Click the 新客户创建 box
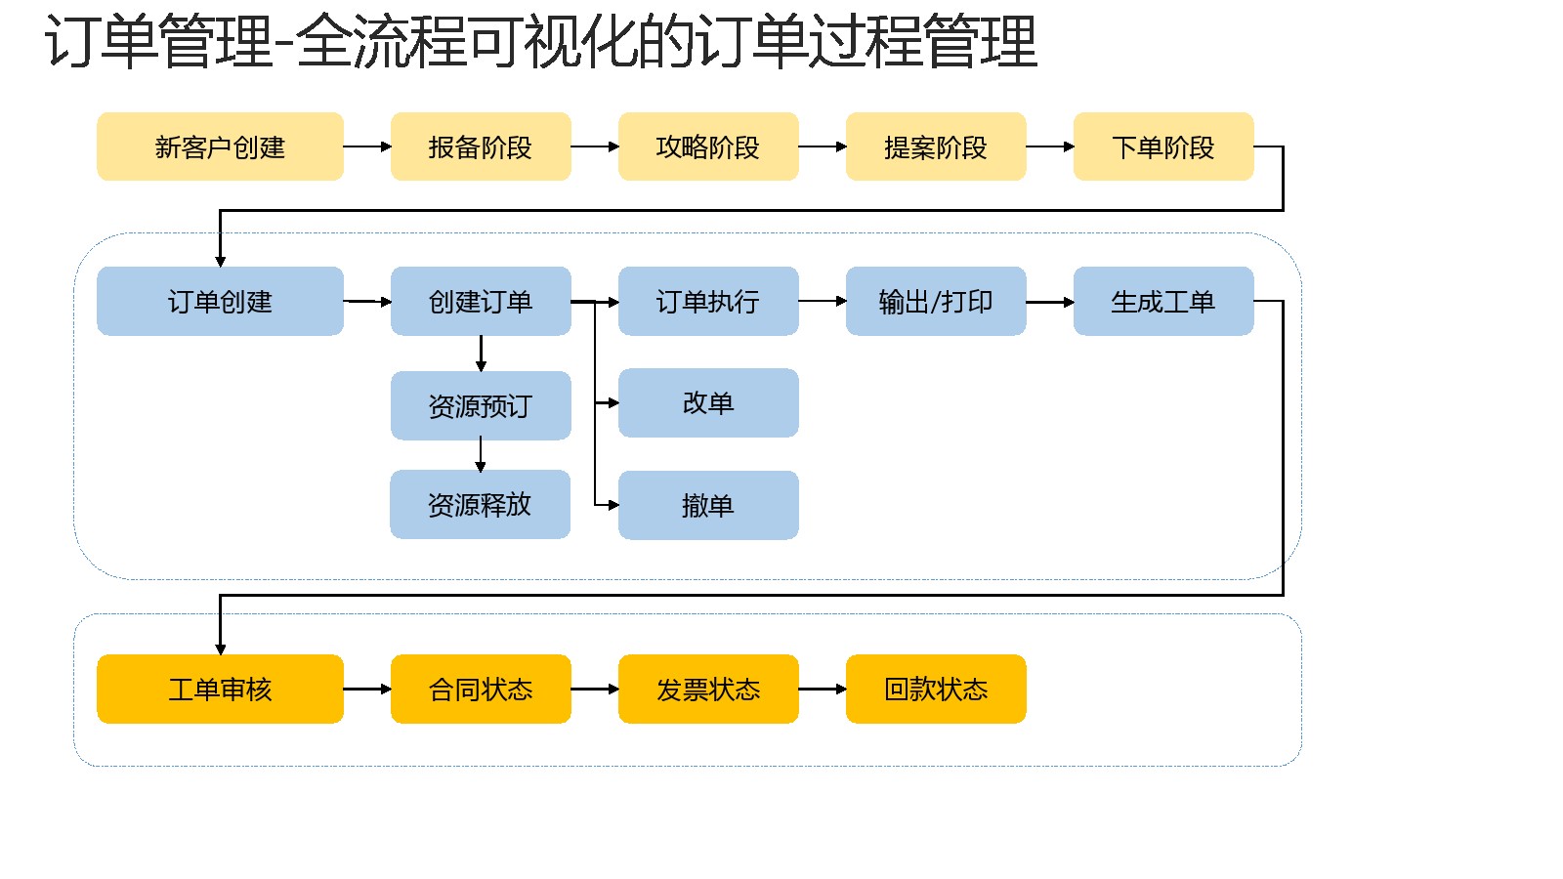tap(220, 146)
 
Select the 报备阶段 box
tap(481, 146)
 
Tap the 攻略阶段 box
tap(708, 146)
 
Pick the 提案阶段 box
tap(936, 146)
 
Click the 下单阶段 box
tap(1163, 146)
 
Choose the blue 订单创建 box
tap(220, 302)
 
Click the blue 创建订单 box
tap(481, 302)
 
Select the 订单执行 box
tap(708, 302)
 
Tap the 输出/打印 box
tap(936, 302)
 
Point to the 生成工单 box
tap(1163, 302)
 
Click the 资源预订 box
tap(481, 405)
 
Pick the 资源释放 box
tap(480, 504)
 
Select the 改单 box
tap(708, 402)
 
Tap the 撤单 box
tap(708, 505)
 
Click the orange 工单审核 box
tap(220, 689)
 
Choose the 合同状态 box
tap(481, 689)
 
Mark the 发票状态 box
tap(708, 689)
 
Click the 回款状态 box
tap(936, 689)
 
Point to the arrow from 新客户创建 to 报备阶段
tap(367, 146)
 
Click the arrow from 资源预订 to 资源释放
tap(480, 455)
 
